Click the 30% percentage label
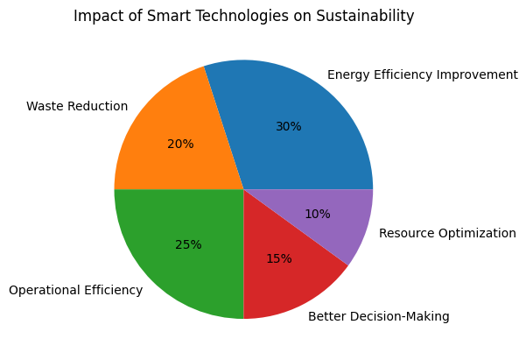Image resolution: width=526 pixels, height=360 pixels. [x=288, y=126]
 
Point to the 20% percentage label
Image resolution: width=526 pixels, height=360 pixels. [x=180, y=144]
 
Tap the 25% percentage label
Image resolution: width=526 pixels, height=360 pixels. [x=188, y=244]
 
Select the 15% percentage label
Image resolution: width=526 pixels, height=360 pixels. [x=278, y=258]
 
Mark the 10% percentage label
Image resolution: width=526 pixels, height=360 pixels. [x=318, y=214]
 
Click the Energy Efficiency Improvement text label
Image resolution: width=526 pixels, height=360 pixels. [x=422, y=75]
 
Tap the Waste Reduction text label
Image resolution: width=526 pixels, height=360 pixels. [x=77, y=107]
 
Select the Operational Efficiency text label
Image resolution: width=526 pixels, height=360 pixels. [x=75, y=290]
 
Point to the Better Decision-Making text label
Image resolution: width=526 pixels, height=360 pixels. [x=379, y=316]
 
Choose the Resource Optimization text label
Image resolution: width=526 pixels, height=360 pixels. [x=447, y=233]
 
